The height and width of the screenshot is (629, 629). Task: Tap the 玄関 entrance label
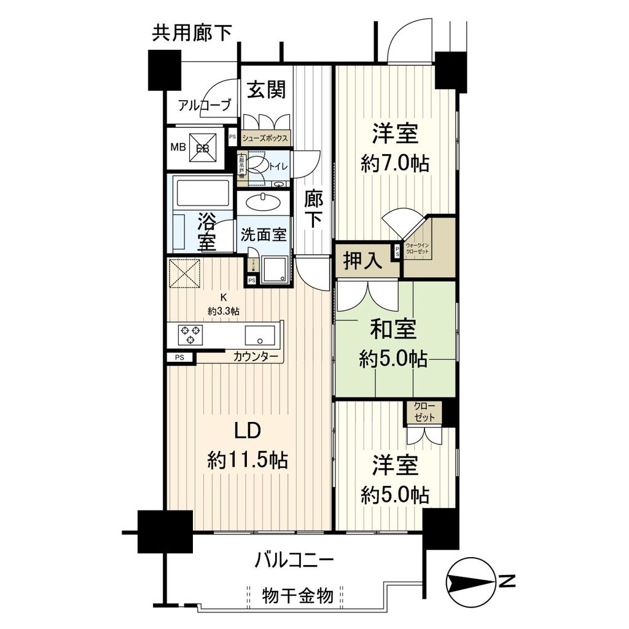tap(266, 91)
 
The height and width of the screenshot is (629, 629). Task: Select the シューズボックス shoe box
tap(265, 139)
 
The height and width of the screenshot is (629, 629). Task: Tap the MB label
tap(178, 148)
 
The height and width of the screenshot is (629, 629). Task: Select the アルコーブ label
tap(205, 106)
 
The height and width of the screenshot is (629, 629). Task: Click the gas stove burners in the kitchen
tap(191, 335)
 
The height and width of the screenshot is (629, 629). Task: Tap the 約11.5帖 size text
tap(248, 460)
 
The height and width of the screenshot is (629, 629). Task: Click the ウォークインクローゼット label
tap(417, 249)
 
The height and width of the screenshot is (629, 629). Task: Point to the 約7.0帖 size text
tap(395, 163)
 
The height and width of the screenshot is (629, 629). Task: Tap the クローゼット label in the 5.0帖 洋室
tap(423, 412)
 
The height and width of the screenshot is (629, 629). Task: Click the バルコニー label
tap(294, 560)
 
